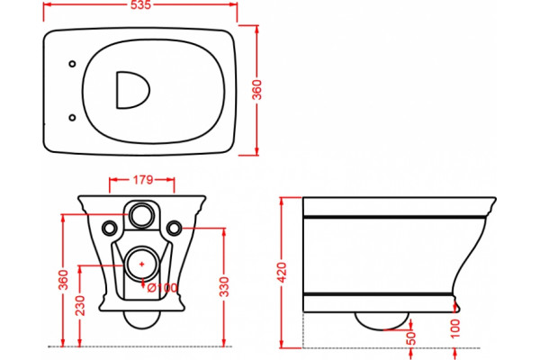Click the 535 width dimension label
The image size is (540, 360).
coord(141,4)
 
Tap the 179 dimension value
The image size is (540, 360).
coord(142,179)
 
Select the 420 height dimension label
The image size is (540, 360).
coord(282,273)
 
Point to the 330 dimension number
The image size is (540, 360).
coord(224,286)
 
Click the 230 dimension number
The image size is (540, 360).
coord(80,305)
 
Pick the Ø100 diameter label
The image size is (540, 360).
coord(163,288)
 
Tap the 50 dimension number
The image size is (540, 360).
coord(411,338)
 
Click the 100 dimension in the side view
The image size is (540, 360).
coord(455,328)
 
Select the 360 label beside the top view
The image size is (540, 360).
coord(257,90)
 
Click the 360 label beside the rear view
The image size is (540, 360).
coord(64,280)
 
